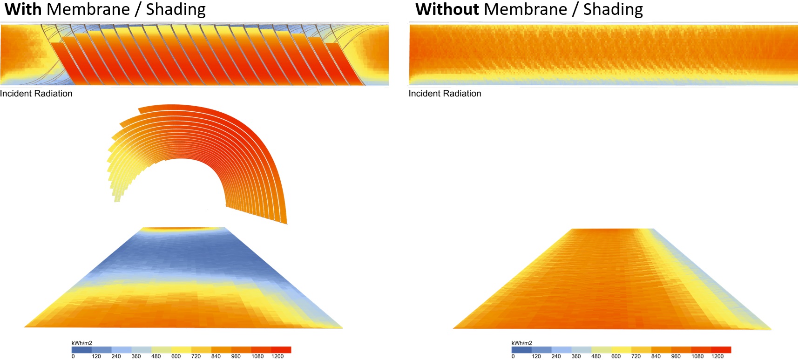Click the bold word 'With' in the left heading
point(23,9)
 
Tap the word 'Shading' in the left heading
point(176,9)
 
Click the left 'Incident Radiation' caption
point(36,94)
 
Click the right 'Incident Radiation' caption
point(445,94)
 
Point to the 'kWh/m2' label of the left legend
point(81,343)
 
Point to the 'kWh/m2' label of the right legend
point(521,343)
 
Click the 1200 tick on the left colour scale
point(277,356)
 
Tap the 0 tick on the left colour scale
point(73,356)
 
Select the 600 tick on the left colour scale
point(176,356)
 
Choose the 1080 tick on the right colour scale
point(697,356)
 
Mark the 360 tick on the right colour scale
point(576,356)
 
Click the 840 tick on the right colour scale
point(656,356)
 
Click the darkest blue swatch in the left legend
point(81,350)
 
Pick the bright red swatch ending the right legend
point(721,350)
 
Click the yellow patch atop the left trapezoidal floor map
point(183,229)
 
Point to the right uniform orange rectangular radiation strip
point(603,54)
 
